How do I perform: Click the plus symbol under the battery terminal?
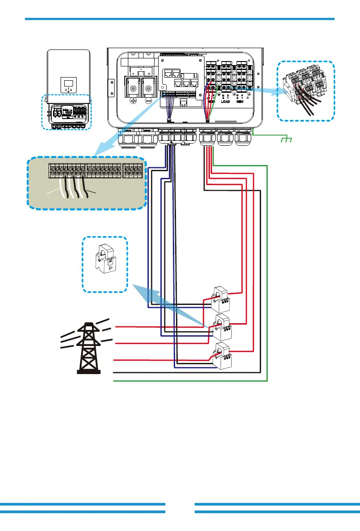pyautogui.click(x=133, y=101)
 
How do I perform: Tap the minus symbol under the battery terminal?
pyautogui.click(x=148, y=101)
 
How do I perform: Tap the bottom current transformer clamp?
pyautogui.click(x=221, y=355)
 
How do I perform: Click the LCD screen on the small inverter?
pyautogui.click(x=69, y=83)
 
